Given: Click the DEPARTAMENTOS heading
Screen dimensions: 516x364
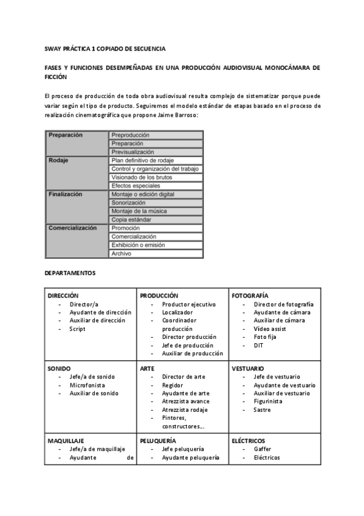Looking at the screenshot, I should [x=70, y=273].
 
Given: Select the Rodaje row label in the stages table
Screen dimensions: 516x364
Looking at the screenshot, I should [x=58, y=161].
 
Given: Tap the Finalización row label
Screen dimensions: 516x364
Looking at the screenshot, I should [x=65, y=194].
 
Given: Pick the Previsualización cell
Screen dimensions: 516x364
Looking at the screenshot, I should [x=132, y=152].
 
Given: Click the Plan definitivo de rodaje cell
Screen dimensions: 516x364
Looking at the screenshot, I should [x=142, y=160].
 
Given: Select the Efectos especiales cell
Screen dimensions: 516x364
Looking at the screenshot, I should [x=136, y=186].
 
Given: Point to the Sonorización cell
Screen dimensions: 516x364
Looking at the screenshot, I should [x=129, y=203].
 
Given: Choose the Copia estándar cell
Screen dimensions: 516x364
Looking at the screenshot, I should [x=131, y=220].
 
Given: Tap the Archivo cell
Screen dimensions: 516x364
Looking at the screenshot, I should [x=122, y=253].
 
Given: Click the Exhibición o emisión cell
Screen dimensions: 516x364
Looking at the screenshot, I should [x=142, y=245].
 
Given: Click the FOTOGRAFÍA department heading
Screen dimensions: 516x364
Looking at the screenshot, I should [x=250, y=295].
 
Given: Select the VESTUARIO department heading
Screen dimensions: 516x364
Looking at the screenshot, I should [x=248, y=368].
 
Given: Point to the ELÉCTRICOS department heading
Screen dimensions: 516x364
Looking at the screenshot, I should [x=249, y=441].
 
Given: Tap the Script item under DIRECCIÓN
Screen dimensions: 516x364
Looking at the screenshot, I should [x=77, y=329].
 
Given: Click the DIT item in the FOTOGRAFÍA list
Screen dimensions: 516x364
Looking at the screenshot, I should [x=259, y=345].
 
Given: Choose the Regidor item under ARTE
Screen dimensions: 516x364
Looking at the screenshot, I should [x=173, y=385].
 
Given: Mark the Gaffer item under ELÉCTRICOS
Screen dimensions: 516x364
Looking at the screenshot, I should [x=263, y=449].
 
